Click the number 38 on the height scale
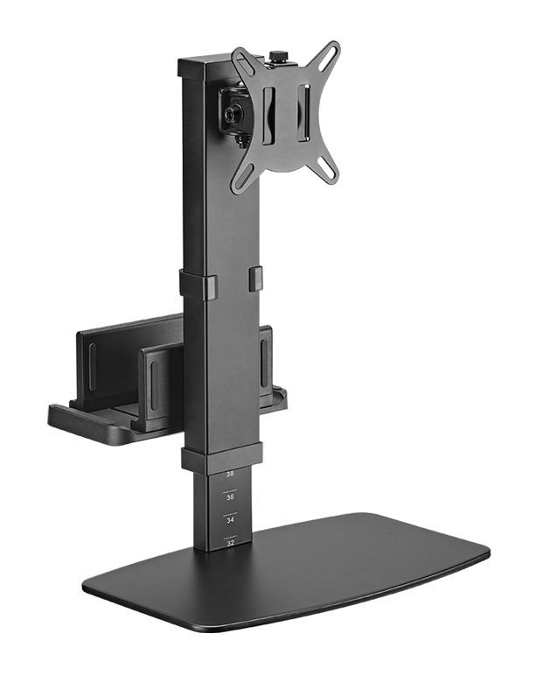pos(230,474)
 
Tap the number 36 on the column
pos(230,496)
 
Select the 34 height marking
pos(230,518)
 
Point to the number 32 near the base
pos(230,542)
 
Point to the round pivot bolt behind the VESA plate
pos(234,113)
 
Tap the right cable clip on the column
pos(255,278)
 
